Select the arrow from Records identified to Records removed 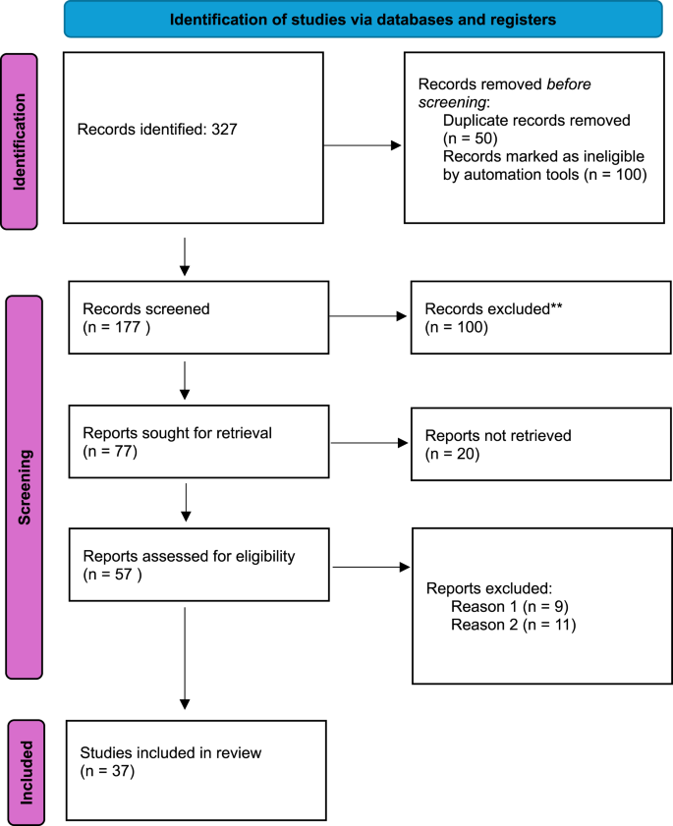[x=363, y=146]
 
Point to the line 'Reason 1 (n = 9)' [x=510, y=606]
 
